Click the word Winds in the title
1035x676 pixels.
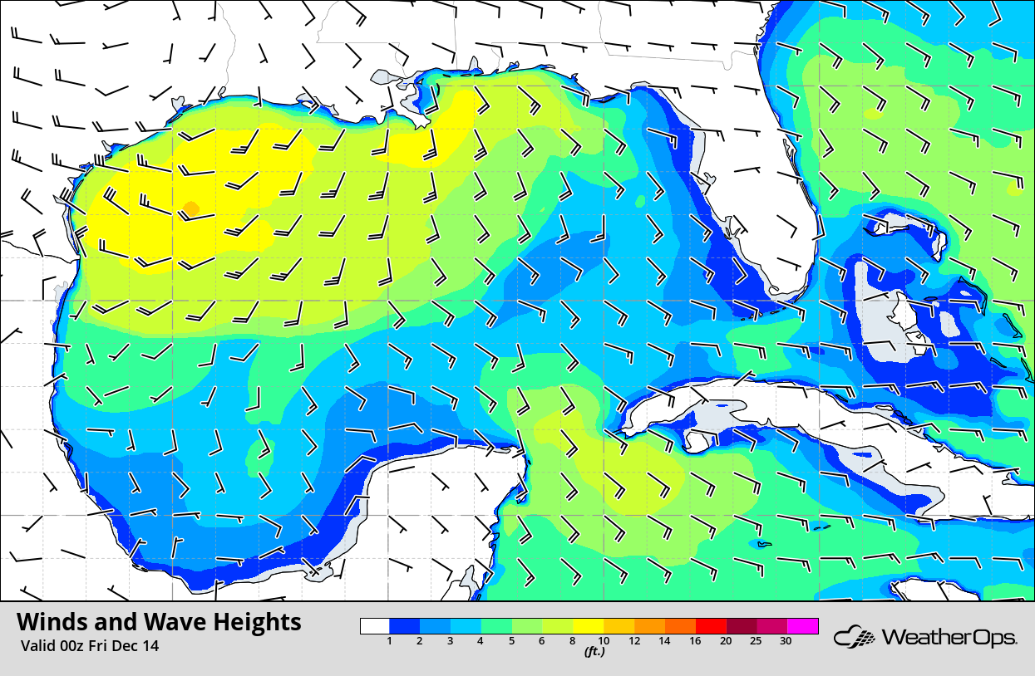pos(51,622)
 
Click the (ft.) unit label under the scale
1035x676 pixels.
pos(594,652)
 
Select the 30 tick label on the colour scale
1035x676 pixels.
pos(786,641)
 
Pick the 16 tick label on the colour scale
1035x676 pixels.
pos(695,641)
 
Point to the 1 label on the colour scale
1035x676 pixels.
pos(390,641)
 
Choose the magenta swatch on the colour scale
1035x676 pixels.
pos(803,626)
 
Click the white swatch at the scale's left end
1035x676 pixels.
pos(375,626)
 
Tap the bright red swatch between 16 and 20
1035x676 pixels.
pos(711,626)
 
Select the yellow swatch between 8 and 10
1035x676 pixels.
pos(589,626)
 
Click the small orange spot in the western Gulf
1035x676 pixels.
pos(190,208)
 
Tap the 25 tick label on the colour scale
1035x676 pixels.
pos(756,641)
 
